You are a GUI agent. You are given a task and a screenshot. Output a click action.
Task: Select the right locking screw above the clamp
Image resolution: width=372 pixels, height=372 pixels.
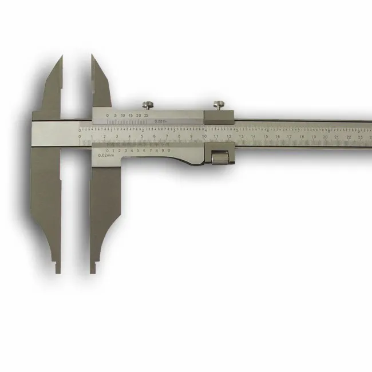click(x=218, y=105)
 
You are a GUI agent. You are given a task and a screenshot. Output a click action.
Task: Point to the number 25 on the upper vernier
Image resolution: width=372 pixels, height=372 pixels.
click(x=147, y=116)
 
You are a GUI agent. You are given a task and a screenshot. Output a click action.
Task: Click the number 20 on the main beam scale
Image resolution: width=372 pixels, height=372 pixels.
click(x=325, y=137)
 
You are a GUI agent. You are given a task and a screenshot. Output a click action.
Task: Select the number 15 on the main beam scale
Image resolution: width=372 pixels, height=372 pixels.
click(x=265, y=137)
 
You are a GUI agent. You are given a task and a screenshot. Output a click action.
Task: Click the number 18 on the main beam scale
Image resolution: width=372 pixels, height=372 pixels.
click(x=301, y=137)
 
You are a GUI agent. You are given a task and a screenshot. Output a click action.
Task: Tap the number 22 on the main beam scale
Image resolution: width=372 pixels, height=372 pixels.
click(x=349, y=137)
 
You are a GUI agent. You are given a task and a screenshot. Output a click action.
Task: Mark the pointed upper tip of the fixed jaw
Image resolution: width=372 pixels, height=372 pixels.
click(x=60, y=57)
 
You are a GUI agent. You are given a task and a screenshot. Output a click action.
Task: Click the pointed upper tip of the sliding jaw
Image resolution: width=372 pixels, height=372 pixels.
click(x=92, y=56)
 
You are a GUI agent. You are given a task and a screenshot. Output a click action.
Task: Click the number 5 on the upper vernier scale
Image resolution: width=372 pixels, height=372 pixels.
click(x=115, y=116)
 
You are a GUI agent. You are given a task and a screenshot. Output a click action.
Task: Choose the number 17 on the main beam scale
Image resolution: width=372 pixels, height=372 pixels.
click(x=289, y=137)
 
